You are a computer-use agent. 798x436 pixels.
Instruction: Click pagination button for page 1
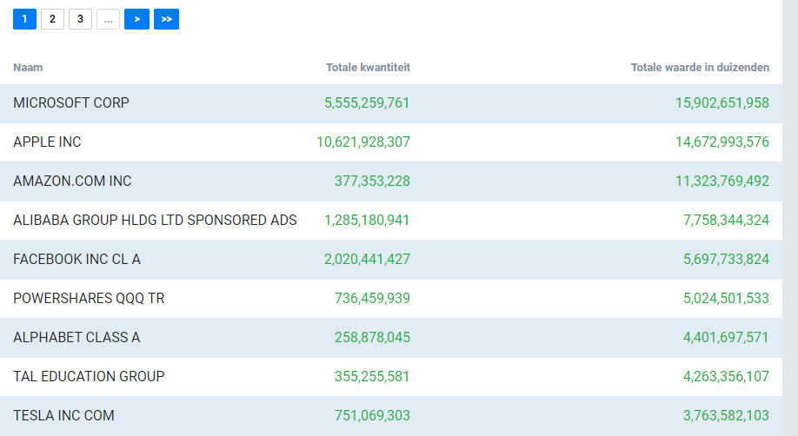pos(24,19)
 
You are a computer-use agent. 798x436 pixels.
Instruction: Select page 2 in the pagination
pos(52,19)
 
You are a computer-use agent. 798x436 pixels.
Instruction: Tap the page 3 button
pos(81,19)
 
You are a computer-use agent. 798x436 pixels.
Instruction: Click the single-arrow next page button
pos(136,19)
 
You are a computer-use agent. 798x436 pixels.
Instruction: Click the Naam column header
pos(28,68)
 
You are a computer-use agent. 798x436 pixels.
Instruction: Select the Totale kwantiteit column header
pos(368,68)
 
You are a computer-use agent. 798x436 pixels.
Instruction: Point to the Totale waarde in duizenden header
pos(700,68)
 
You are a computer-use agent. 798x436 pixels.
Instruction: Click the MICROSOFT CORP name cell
pos(71,102)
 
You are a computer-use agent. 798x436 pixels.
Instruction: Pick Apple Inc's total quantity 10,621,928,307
pos(363,142)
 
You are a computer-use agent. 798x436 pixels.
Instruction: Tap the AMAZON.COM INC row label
pos(72,182)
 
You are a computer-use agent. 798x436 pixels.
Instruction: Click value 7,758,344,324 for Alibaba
pos(726,221)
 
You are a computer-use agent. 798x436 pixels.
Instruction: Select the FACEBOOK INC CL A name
pos(76,260)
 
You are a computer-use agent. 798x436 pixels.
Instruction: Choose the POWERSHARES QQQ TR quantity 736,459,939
pos(372,298)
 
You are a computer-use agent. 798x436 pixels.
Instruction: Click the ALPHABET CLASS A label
pos(76,337)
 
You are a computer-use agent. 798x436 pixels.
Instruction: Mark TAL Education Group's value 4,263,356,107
pos(726,376)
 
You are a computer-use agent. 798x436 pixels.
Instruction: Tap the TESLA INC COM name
pos(63,416)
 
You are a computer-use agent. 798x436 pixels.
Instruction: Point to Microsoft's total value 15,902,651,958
pos(722,102)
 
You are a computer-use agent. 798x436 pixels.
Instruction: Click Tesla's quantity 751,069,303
pos(372,416)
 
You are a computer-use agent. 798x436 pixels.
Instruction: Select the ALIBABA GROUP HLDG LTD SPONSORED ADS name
pos(155,221)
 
